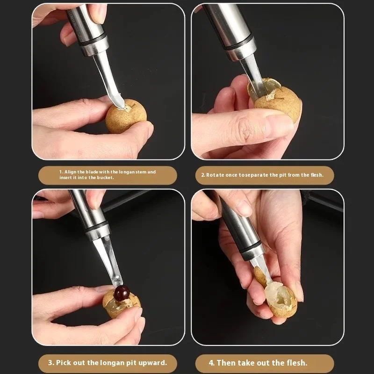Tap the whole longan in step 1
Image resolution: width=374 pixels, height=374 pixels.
[x=125, y=116]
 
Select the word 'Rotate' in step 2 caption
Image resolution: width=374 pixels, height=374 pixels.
[x=216, y=175]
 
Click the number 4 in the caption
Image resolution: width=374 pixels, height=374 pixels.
[x=212, y=362]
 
